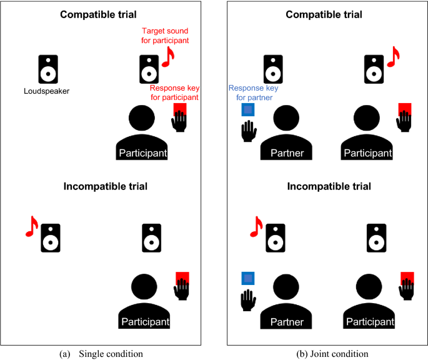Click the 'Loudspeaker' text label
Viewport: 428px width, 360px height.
47,91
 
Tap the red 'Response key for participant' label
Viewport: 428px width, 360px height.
174,92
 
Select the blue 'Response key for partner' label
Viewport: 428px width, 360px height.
254,93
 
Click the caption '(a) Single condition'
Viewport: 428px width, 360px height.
101,353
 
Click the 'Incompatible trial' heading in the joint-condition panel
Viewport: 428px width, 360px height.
329,186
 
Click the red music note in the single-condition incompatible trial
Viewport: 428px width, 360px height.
32,226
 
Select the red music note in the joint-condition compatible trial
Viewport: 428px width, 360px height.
392,57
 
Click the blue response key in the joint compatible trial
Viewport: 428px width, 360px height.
249,111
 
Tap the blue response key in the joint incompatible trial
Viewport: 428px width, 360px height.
249,278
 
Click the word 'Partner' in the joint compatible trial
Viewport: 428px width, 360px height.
287,153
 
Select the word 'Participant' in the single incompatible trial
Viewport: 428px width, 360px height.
144,322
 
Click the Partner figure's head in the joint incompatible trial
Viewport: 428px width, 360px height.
287,287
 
